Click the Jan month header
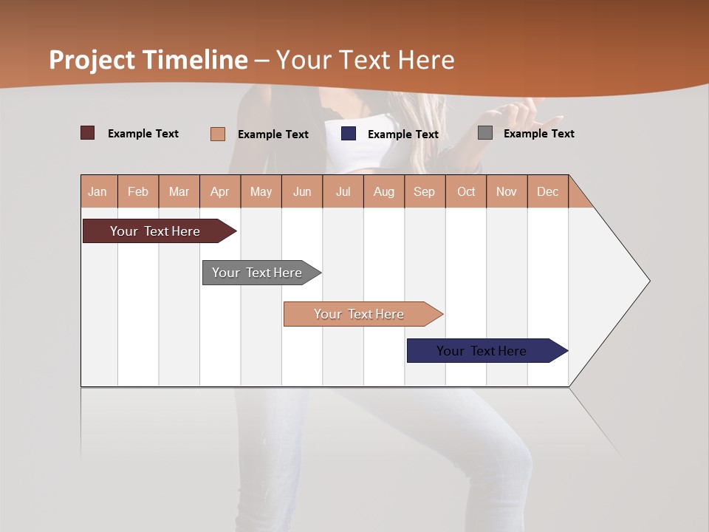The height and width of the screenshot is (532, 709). (x=97, y=191)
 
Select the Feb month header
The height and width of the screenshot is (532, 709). (x=138, y=191)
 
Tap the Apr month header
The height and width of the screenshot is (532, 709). (x=219, y=191)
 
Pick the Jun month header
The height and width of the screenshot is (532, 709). (x=302, y=191)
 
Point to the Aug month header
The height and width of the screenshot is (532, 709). (x=383, y=191)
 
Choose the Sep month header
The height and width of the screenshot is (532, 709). (x=424, y=191)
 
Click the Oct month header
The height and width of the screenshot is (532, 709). (x=466, y=191)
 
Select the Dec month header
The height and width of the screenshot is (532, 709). (x=547, y=191)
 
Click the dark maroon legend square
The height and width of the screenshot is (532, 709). (x=88, y=133)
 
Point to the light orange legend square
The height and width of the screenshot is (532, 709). (x=218, y=134)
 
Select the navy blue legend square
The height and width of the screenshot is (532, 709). (x=349, y=134)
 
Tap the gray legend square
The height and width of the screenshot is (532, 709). (x=485, y=133)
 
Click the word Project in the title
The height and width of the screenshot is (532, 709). (x=92, y=60)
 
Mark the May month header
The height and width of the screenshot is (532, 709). (x=261, y=191)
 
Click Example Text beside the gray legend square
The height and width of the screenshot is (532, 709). (x=538, y=134)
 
